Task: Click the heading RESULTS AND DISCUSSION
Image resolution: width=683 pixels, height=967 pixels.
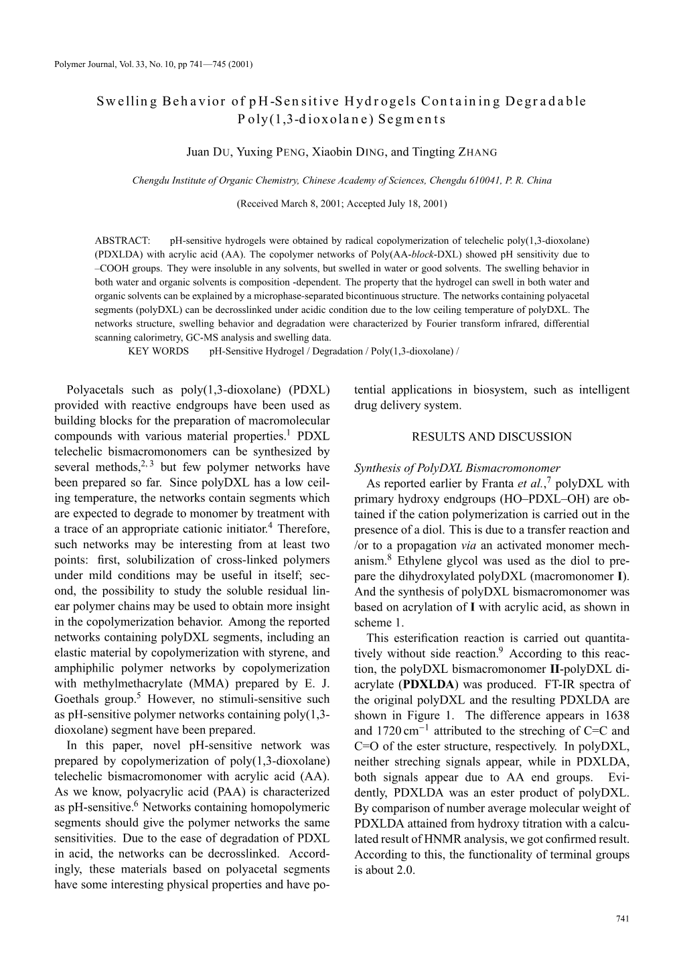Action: point(491,437)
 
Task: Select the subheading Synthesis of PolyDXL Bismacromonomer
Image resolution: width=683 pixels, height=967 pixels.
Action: point(457,468)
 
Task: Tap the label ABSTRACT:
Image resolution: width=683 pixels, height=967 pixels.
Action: point(125,239)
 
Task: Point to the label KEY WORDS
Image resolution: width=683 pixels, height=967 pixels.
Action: point(158,351)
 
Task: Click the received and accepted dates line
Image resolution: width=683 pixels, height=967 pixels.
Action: point(341,203)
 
